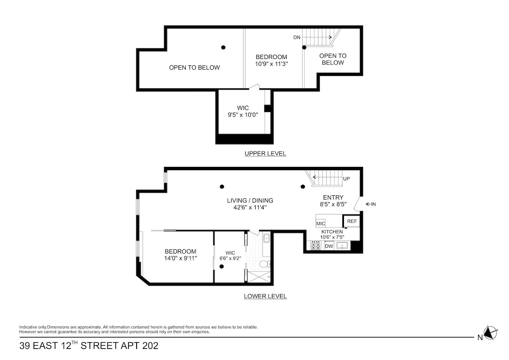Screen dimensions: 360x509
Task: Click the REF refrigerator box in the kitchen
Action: pos(352,221)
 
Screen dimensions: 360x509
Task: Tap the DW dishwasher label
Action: pos(329,246)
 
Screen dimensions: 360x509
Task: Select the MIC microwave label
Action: pos(321,223)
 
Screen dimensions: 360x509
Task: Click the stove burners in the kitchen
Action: pos(316,245)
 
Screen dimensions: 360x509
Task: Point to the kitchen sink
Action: pos(341,245)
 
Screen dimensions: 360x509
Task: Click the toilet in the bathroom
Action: pos(264,264)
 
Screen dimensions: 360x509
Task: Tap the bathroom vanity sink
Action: pos(266,239)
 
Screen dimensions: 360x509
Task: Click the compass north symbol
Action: pos(491,333)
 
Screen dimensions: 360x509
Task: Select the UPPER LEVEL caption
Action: pos(265,154)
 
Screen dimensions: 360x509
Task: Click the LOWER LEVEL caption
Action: pos(265,296)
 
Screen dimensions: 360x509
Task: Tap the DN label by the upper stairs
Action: pos(296,37)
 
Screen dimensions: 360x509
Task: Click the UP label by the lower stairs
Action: pos(347,179)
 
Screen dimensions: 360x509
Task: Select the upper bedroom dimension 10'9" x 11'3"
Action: pos(271,64)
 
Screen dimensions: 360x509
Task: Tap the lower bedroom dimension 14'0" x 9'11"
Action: pos(180,258)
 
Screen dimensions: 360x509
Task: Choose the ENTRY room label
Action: pos(333,197)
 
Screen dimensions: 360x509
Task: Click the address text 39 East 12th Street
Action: pos(89,346)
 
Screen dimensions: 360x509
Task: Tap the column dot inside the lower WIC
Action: pos(222,267)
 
